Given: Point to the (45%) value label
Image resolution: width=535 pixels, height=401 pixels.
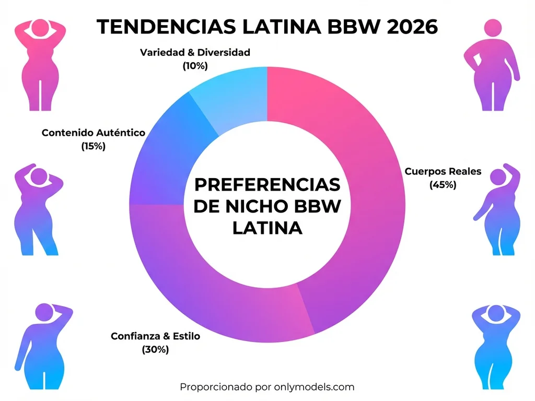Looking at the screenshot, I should coord(443,184).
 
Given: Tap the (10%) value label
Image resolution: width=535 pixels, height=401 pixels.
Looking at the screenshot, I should coord(195,66).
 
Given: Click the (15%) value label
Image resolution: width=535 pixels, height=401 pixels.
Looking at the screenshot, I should coord(94,146).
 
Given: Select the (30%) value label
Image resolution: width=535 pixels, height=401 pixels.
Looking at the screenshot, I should coord(155,350).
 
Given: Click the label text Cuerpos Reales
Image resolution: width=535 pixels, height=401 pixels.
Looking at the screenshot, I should coord(443,171).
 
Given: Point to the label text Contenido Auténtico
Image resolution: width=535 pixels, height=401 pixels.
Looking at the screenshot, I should coord(94,133).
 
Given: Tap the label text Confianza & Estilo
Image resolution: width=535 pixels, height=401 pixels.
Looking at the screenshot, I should coord(155,336).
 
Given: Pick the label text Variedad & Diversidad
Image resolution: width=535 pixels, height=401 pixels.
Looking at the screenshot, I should coord(195,52).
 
